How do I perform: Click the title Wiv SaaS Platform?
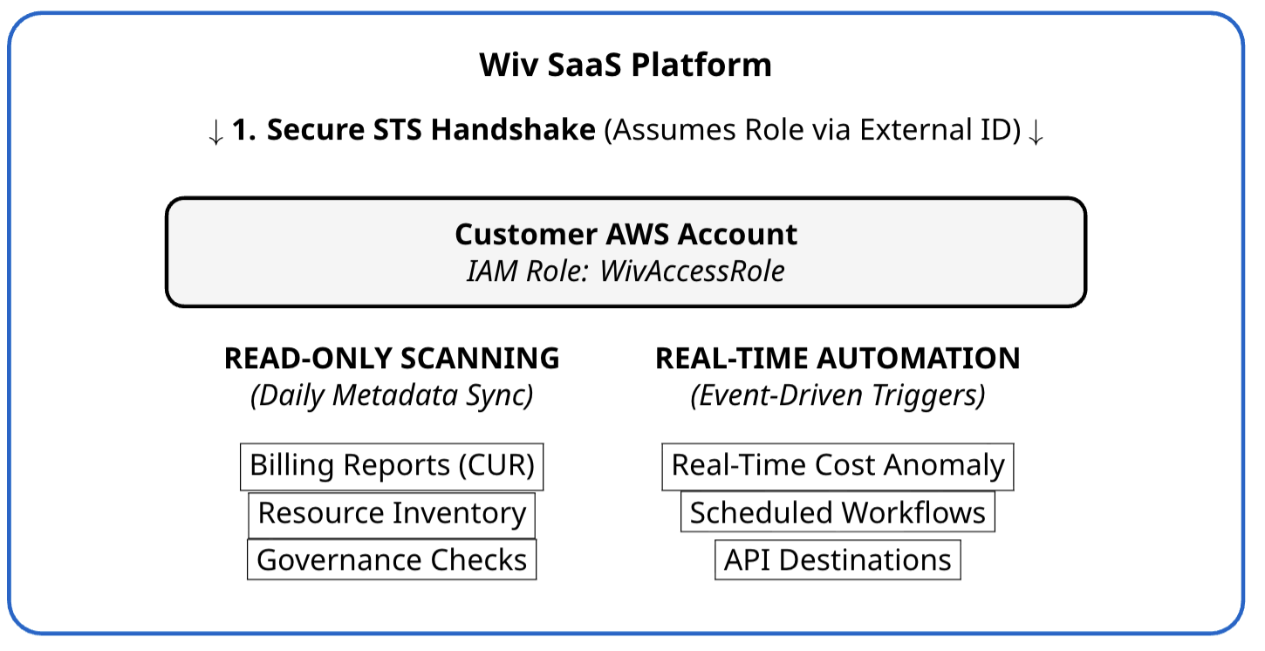[626, 65]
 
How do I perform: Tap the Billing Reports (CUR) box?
[392, 466]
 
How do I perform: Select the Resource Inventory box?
[392, 513]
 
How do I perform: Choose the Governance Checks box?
[392, 560]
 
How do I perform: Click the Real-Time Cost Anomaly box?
[838, 466]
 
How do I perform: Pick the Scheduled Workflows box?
[838, 513]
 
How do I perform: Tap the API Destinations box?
[838, 560]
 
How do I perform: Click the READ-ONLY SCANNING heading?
[392, 359]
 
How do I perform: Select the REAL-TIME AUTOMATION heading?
[838, 359]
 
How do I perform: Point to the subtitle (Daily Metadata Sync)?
[392, 396]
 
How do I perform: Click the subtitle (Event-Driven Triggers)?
[838, 396]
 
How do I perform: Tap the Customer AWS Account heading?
[626, 235]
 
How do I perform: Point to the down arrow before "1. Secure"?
[216, 133]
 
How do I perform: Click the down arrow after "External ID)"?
[1036, 133]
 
